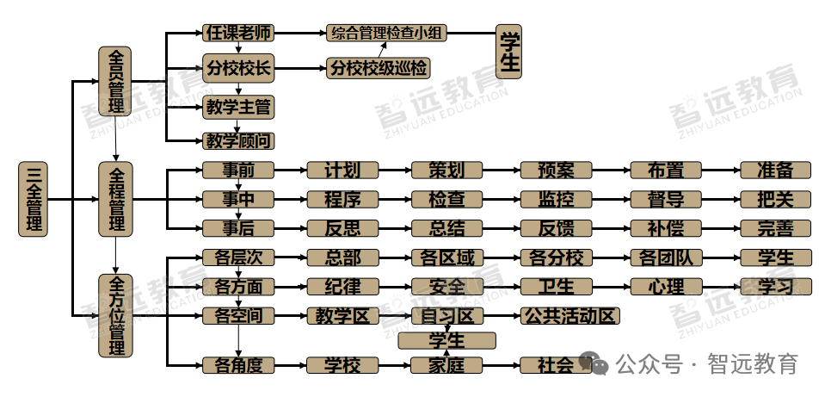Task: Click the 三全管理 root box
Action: (x=34, y=199)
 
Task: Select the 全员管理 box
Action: (x=115, y=81)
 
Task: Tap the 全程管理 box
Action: (x=115, y=199)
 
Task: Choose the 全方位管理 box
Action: (x=115, y=316)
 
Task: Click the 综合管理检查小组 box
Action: (x=386, y=34)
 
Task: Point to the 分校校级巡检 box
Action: (x=379, y=68)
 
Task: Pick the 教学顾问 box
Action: (x=239, y=141)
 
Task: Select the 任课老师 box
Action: (x=239, y=34)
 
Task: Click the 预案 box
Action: (x=556, y=171)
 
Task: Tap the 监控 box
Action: (x=556, y=200)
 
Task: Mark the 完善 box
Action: (x=776, y=228)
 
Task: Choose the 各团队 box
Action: (x=666, y=258)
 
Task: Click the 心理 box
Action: (x=666, y=287)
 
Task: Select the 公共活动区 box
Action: (x=569, y=316)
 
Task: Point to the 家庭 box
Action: (x=446, y=365)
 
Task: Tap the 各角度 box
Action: (x=239, y=365)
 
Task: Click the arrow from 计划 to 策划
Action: (x=395, y=171)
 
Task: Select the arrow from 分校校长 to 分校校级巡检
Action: (x=300, y=68)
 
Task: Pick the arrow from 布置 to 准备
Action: (x=722, y=171)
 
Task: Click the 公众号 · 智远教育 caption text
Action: (x=706, y=363)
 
